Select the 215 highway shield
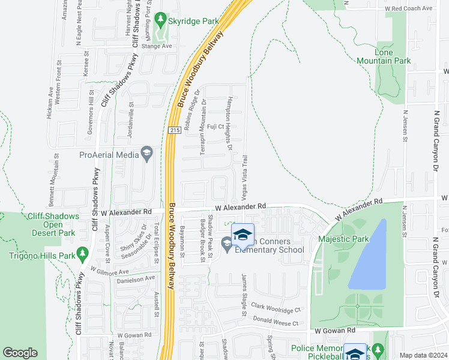coord(174,130)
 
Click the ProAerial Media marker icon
coord(146,154)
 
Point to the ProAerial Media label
coord(109,155)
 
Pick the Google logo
coord(20,353)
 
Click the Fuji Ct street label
coord(215,127)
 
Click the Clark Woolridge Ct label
coord(276,308)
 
